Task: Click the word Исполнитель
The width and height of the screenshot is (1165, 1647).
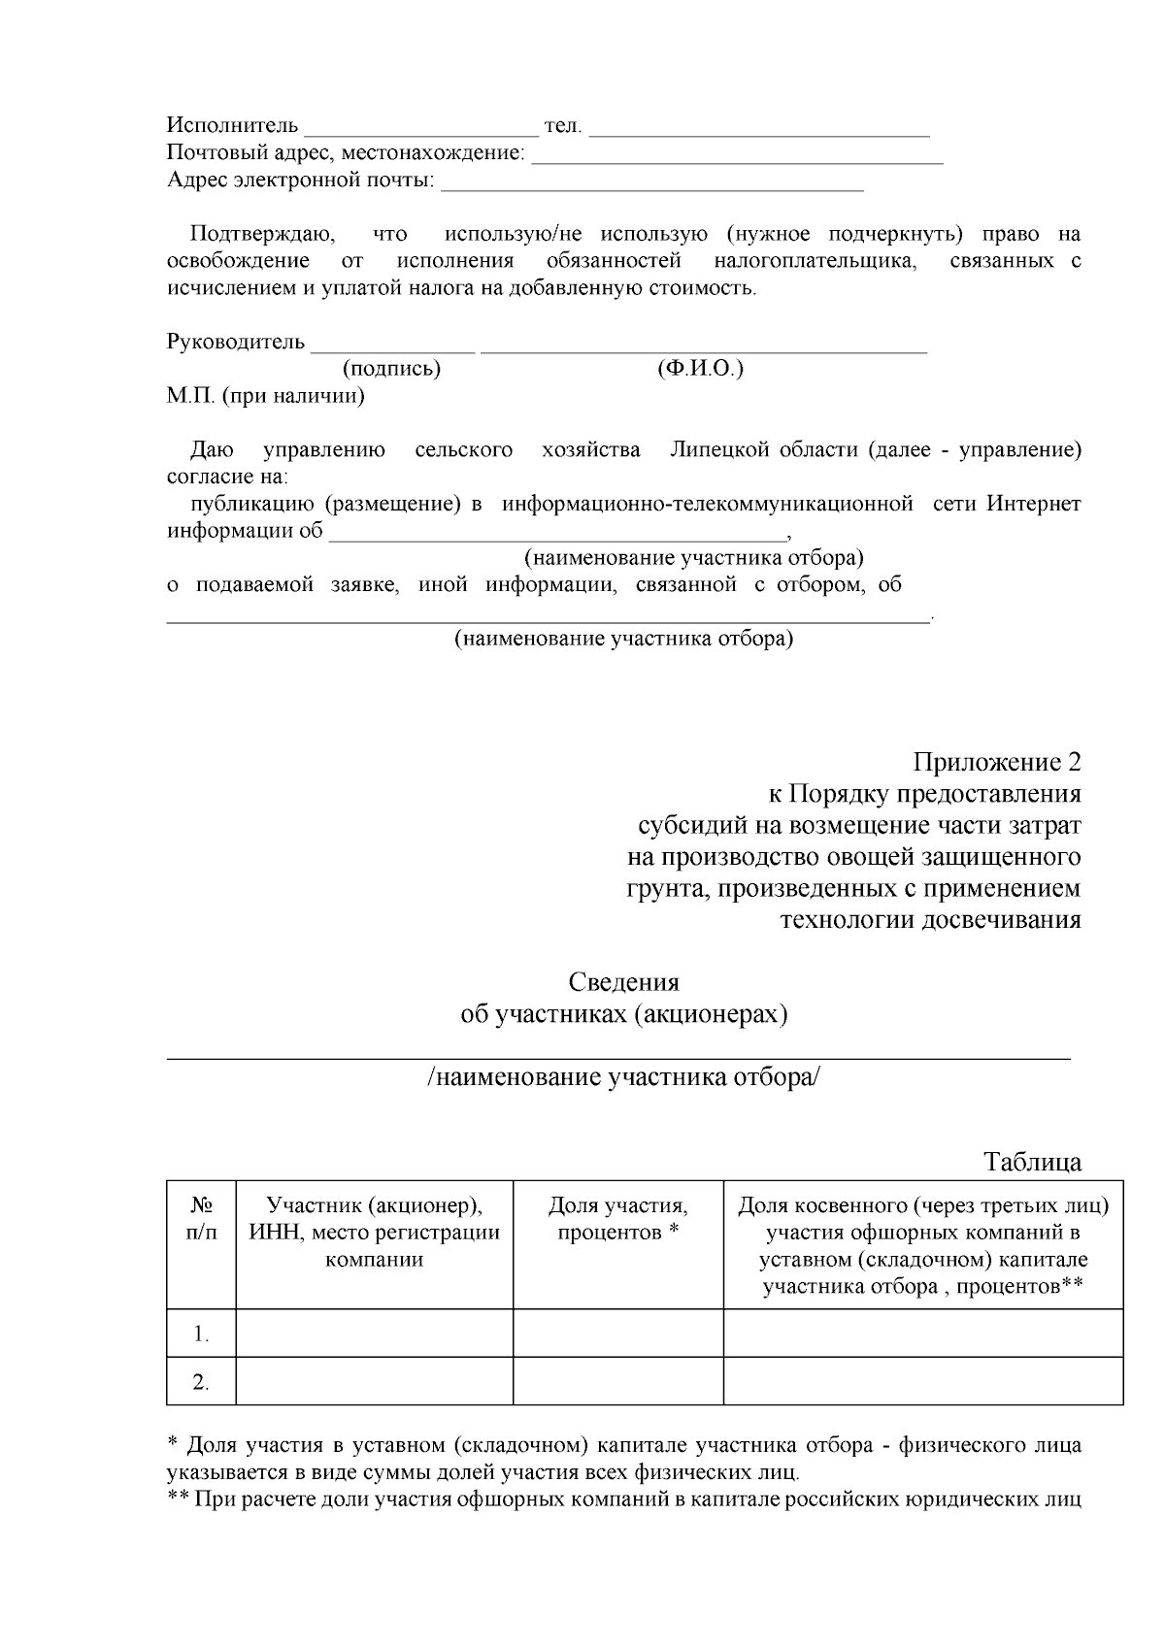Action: (x=232, y=126)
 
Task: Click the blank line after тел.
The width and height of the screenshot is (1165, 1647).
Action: (x=759, y=132)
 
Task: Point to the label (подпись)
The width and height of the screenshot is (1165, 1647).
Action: (x=391, y=370)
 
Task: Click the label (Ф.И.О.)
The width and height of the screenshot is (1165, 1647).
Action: (x=700, y=370)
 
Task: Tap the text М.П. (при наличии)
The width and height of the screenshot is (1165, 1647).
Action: (x=266, y=397)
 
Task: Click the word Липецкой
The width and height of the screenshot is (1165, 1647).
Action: (x=719, y=450)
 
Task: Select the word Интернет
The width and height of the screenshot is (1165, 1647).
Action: (x=1033, y=505)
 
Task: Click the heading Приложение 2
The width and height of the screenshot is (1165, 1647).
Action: (x=996, y=763)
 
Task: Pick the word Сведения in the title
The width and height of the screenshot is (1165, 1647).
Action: (x=623, y=982)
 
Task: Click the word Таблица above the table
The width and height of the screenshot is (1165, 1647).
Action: (x=1032, y=1162)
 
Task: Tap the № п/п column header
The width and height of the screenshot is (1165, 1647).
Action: (x=201, y=1219)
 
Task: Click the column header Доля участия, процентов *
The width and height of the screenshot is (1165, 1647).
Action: (x=617, y=1219)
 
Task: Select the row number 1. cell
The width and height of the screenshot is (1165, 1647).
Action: (x=201, y=1334)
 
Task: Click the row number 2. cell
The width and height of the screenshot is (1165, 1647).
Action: (x=201, y=1382)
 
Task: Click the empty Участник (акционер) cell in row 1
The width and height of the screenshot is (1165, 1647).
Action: (x=374, y=1334)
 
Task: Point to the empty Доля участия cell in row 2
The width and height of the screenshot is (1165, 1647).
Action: (x=617, y=1382)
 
